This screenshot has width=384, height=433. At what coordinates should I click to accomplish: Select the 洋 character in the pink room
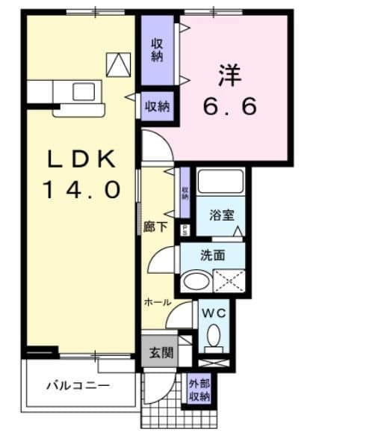tap(229, 76)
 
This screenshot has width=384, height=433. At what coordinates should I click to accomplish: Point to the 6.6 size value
tap(230, 105)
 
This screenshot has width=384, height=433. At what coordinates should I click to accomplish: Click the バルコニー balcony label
tap(78, 386)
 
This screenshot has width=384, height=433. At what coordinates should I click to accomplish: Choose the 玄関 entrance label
tap(158, 352)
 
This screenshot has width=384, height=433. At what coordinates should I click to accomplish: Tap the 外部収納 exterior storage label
tap(199, 389)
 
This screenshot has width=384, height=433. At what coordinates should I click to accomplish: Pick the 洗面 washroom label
tap(212, 255)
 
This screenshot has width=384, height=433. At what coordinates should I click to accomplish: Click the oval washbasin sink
tap(196, 282)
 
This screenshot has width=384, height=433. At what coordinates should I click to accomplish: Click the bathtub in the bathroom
tap(220, 182)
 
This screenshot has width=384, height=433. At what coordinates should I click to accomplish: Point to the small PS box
tap(185, 230)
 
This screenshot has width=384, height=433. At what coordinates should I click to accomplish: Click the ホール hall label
tap(158, 302)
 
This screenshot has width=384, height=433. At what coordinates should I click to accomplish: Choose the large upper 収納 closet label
tap(158, 49)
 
